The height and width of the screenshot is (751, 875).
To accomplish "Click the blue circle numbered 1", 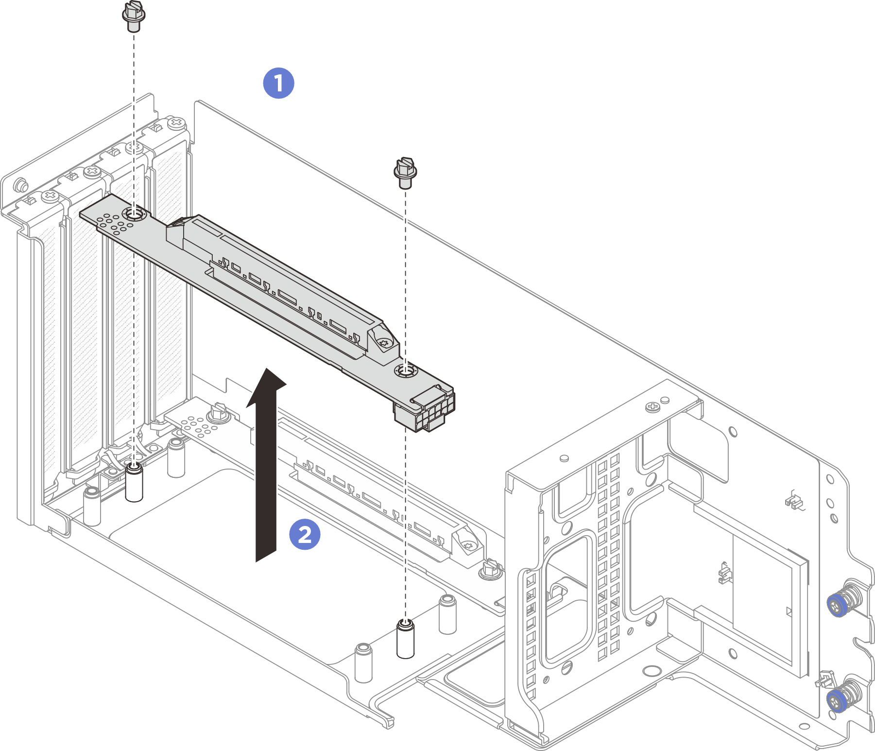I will pos(278,83).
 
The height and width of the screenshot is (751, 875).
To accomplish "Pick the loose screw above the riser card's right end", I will pos(405,173).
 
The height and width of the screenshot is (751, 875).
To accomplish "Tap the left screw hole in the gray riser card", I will pos(133,213).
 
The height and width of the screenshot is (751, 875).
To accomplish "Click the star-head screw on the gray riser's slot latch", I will pos(384,343).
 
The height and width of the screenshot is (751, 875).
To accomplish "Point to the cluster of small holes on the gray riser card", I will pos(115,224).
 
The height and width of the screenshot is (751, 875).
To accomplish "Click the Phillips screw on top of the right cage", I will pos(652,406).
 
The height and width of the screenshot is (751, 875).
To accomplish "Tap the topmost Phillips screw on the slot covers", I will pos(176,123).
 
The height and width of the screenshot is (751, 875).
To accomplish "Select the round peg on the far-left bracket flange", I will pos(20,185).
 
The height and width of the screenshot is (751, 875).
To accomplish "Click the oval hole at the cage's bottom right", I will pos(804,727).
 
